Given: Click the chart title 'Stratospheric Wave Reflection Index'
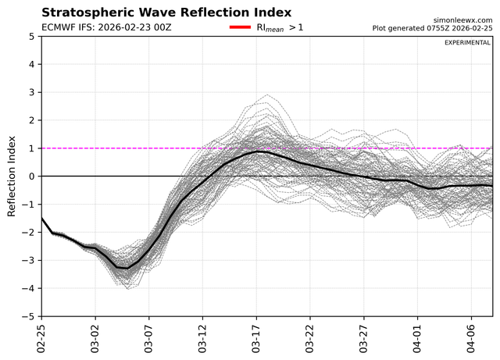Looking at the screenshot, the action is [x=166, y=12].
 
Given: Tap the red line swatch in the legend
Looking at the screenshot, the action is [x=240, y=27].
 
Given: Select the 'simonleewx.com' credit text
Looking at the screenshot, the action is [x=462, y=20].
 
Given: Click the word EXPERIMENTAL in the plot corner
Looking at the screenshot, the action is [x=467, y=43].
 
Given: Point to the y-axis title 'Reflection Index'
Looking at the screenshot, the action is [x=12, y=176].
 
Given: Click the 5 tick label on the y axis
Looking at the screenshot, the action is [x=31, y=37].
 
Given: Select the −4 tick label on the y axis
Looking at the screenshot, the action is [x=28, y=289].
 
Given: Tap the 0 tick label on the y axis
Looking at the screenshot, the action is [x=31, y=176].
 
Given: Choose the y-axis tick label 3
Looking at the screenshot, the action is [x=31, y=92].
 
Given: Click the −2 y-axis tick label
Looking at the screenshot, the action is [x=28, y=233].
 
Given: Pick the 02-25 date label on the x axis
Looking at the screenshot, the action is [x=41, y=339].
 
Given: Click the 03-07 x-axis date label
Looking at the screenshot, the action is [x=148, y=339].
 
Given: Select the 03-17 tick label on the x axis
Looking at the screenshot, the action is [x=256, y=339].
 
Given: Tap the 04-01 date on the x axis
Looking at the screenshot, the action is [x=417, y=339].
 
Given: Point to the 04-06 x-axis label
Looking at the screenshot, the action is [x=471, y=339].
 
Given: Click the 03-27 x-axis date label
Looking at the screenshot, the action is [x=363, y=339].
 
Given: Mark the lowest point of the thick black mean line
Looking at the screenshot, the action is [x=127, y=269].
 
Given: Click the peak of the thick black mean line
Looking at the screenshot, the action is [x=260, y=151].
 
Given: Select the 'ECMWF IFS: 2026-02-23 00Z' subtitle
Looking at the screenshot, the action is [x=106, y=27].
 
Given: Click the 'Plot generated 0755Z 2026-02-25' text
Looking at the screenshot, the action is [x=432, y=28].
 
